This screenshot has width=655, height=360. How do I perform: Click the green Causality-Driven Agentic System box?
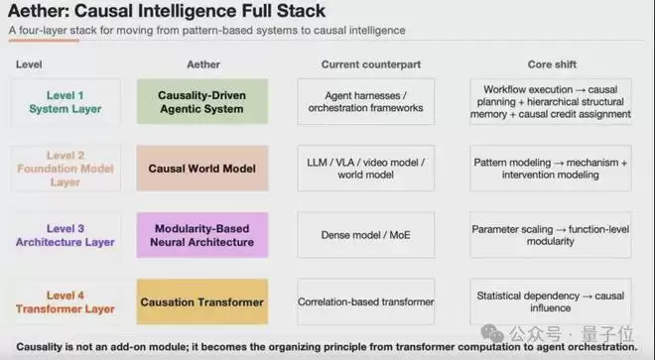click(202, 101)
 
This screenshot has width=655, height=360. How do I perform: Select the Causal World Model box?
click(202, 169)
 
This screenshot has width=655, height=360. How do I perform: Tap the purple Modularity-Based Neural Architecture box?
click(202, 235)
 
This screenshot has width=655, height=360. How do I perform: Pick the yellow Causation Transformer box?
click(202, 301)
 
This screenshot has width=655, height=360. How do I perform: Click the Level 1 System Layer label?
click(65, 102)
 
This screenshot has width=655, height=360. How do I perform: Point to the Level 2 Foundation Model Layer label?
click(65, 169)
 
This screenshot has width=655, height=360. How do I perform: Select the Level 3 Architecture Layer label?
click(65, 235)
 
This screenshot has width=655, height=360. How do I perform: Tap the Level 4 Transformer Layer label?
click(65, 301)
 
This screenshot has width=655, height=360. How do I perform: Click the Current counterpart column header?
click(371, 64)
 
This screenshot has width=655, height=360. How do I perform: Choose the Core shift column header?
click(552, 64)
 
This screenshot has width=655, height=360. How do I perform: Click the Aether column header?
click(203, 64)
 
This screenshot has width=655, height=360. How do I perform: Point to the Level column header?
click(29, 64)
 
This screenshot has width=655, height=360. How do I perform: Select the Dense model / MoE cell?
click(366, 235)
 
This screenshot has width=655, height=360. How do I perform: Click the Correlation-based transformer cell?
click(366, 301)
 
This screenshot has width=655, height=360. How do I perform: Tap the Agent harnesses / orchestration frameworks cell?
click(366, 101)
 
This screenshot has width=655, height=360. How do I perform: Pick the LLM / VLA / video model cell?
click(366, 169)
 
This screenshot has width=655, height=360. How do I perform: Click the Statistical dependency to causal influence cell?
click(551, 301)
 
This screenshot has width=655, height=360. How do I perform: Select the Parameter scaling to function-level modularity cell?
click(551, 235)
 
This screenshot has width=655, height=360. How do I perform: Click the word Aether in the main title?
click(36, 11)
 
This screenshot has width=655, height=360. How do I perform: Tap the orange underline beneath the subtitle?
click(44, 41)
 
